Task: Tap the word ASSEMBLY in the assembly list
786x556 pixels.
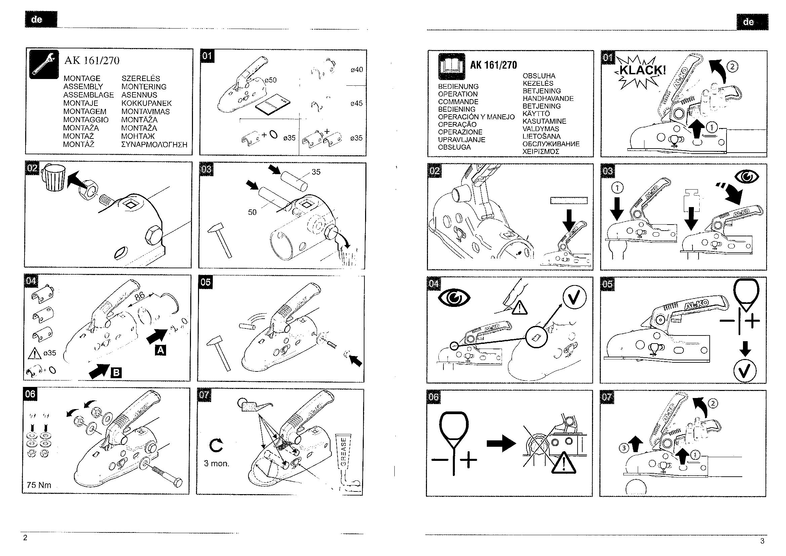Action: click(x=83, y=87)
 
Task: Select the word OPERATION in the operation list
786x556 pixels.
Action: click(x=458, y=94)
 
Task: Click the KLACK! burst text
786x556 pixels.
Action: click(x=642, y=71)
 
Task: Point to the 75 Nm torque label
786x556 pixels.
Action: click(x=39, y=485)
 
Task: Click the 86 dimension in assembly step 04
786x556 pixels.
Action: click(x=140, y=296)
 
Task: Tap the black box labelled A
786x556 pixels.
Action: click(x=161, y=350)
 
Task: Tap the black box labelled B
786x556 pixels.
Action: click(x=116, y=372)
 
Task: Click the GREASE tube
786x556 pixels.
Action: click(x=344, y=455)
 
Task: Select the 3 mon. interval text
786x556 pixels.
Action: click(x=217, y=464)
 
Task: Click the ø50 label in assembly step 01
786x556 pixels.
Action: click(x=270, y=80)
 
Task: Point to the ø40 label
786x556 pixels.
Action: click(x=357, y=70)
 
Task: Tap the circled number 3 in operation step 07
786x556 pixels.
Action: click(x=624, y=447)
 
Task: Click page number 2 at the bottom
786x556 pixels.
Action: click(x=25, y=538)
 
